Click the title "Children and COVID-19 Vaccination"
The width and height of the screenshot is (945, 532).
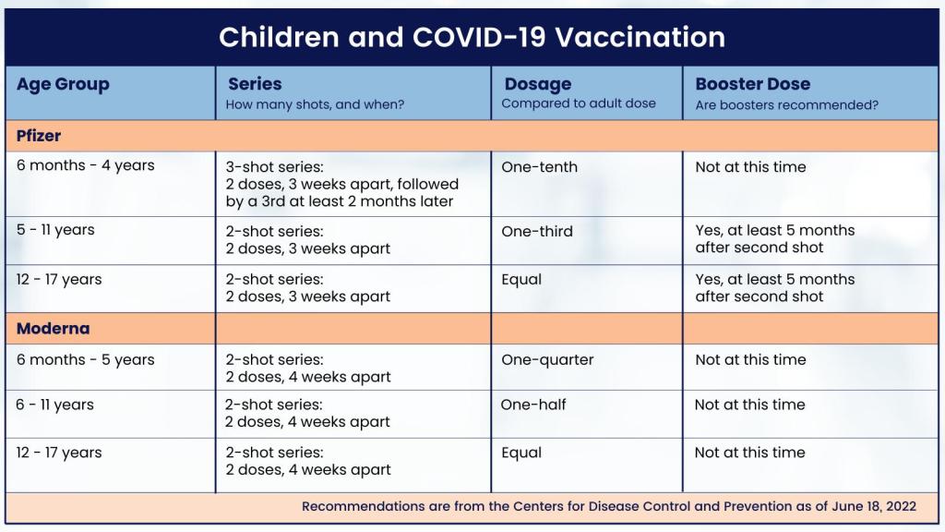(472, 37)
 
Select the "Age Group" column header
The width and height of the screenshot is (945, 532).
(63, 84)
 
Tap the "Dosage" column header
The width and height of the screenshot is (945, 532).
(538, 84)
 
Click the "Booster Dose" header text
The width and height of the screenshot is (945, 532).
(752, 84)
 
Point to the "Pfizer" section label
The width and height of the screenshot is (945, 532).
(39, 136)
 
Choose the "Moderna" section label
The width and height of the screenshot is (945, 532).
(53, 329)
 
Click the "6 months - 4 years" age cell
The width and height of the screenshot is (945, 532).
(85, 166)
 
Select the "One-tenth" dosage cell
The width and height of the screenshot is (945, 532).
(539, 167)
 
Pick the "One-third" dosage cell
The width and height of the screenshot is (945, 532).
(537, 231)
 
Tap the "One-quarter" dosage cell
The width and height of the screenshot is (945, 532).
(547, 360)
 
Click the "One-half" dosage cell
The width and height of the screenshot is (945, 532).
(533, 405)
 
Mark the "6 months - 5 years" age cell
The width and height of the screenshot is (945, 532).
(85, 360)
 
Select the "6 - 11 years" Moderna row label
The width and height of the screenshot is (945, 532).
(54, 405)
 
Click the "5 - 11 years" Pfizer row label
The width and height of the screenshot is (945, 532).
(54, 231)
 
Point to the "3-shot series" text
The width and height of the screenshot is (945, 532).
(274, 167)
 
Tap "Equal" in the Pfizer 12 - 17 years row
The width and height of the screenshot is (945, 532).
(521, 280)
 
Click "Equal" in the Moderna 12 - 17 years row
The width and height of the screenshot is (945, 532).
(521, 453)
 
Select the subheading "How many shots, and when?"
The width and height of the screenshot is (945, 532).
(315, 104)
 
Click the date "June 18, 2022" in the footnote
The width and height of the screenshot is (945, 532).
(873, 506)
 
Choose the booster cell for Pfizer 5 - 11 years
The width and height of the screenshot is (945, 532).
(774, 239)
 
